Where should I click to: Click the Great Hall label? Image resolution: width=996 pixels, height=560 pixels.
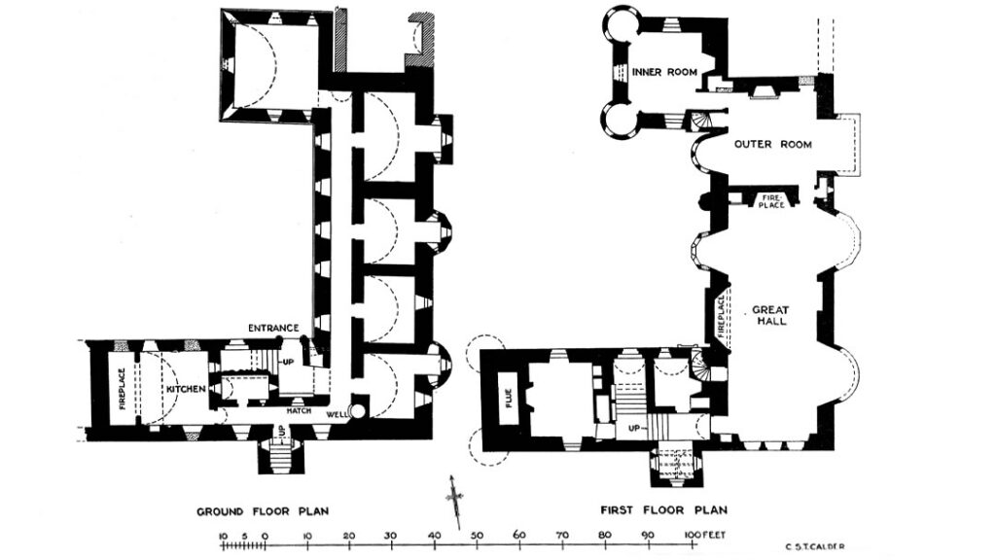pos(769,315)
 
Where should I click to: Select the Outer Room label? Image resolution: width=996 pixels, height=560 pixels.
pos(772,145)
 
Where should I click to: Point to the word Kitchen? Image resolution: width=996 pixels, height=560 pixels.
pos(185,389)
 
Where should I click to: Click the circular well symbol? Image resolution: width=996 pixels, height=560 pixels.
pos(357,411)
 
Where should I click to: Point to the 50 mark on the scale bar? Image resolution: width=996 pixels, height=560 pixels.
pos(477,535)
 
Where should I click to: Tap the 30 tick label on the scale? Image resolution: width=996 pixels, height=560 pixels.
pos(391,535)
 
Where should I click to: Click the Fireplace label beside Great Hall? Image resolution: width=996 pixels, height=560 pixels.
pos(721,316)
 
